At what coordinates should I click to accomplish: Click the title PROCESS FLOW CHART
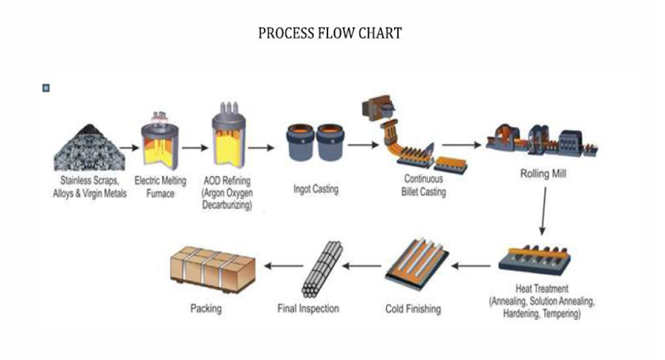330,33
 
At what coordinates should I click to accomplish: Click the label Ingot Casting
316,189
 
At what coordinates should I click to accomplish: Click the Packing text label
206,308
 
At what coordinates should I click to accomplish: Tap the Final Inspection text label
308,308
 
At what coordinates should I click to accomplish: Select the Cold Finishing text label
413,308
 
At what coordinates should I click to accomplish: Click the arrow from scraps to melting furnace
129,149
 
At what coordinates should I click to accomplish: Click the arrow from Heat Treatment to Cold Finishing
471,267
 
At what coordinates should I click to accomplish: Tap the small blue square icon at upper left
47,88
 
